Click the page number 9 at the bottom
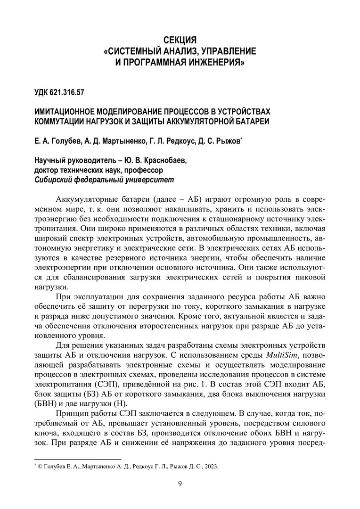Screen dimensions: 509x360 [x=180, y=483]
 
